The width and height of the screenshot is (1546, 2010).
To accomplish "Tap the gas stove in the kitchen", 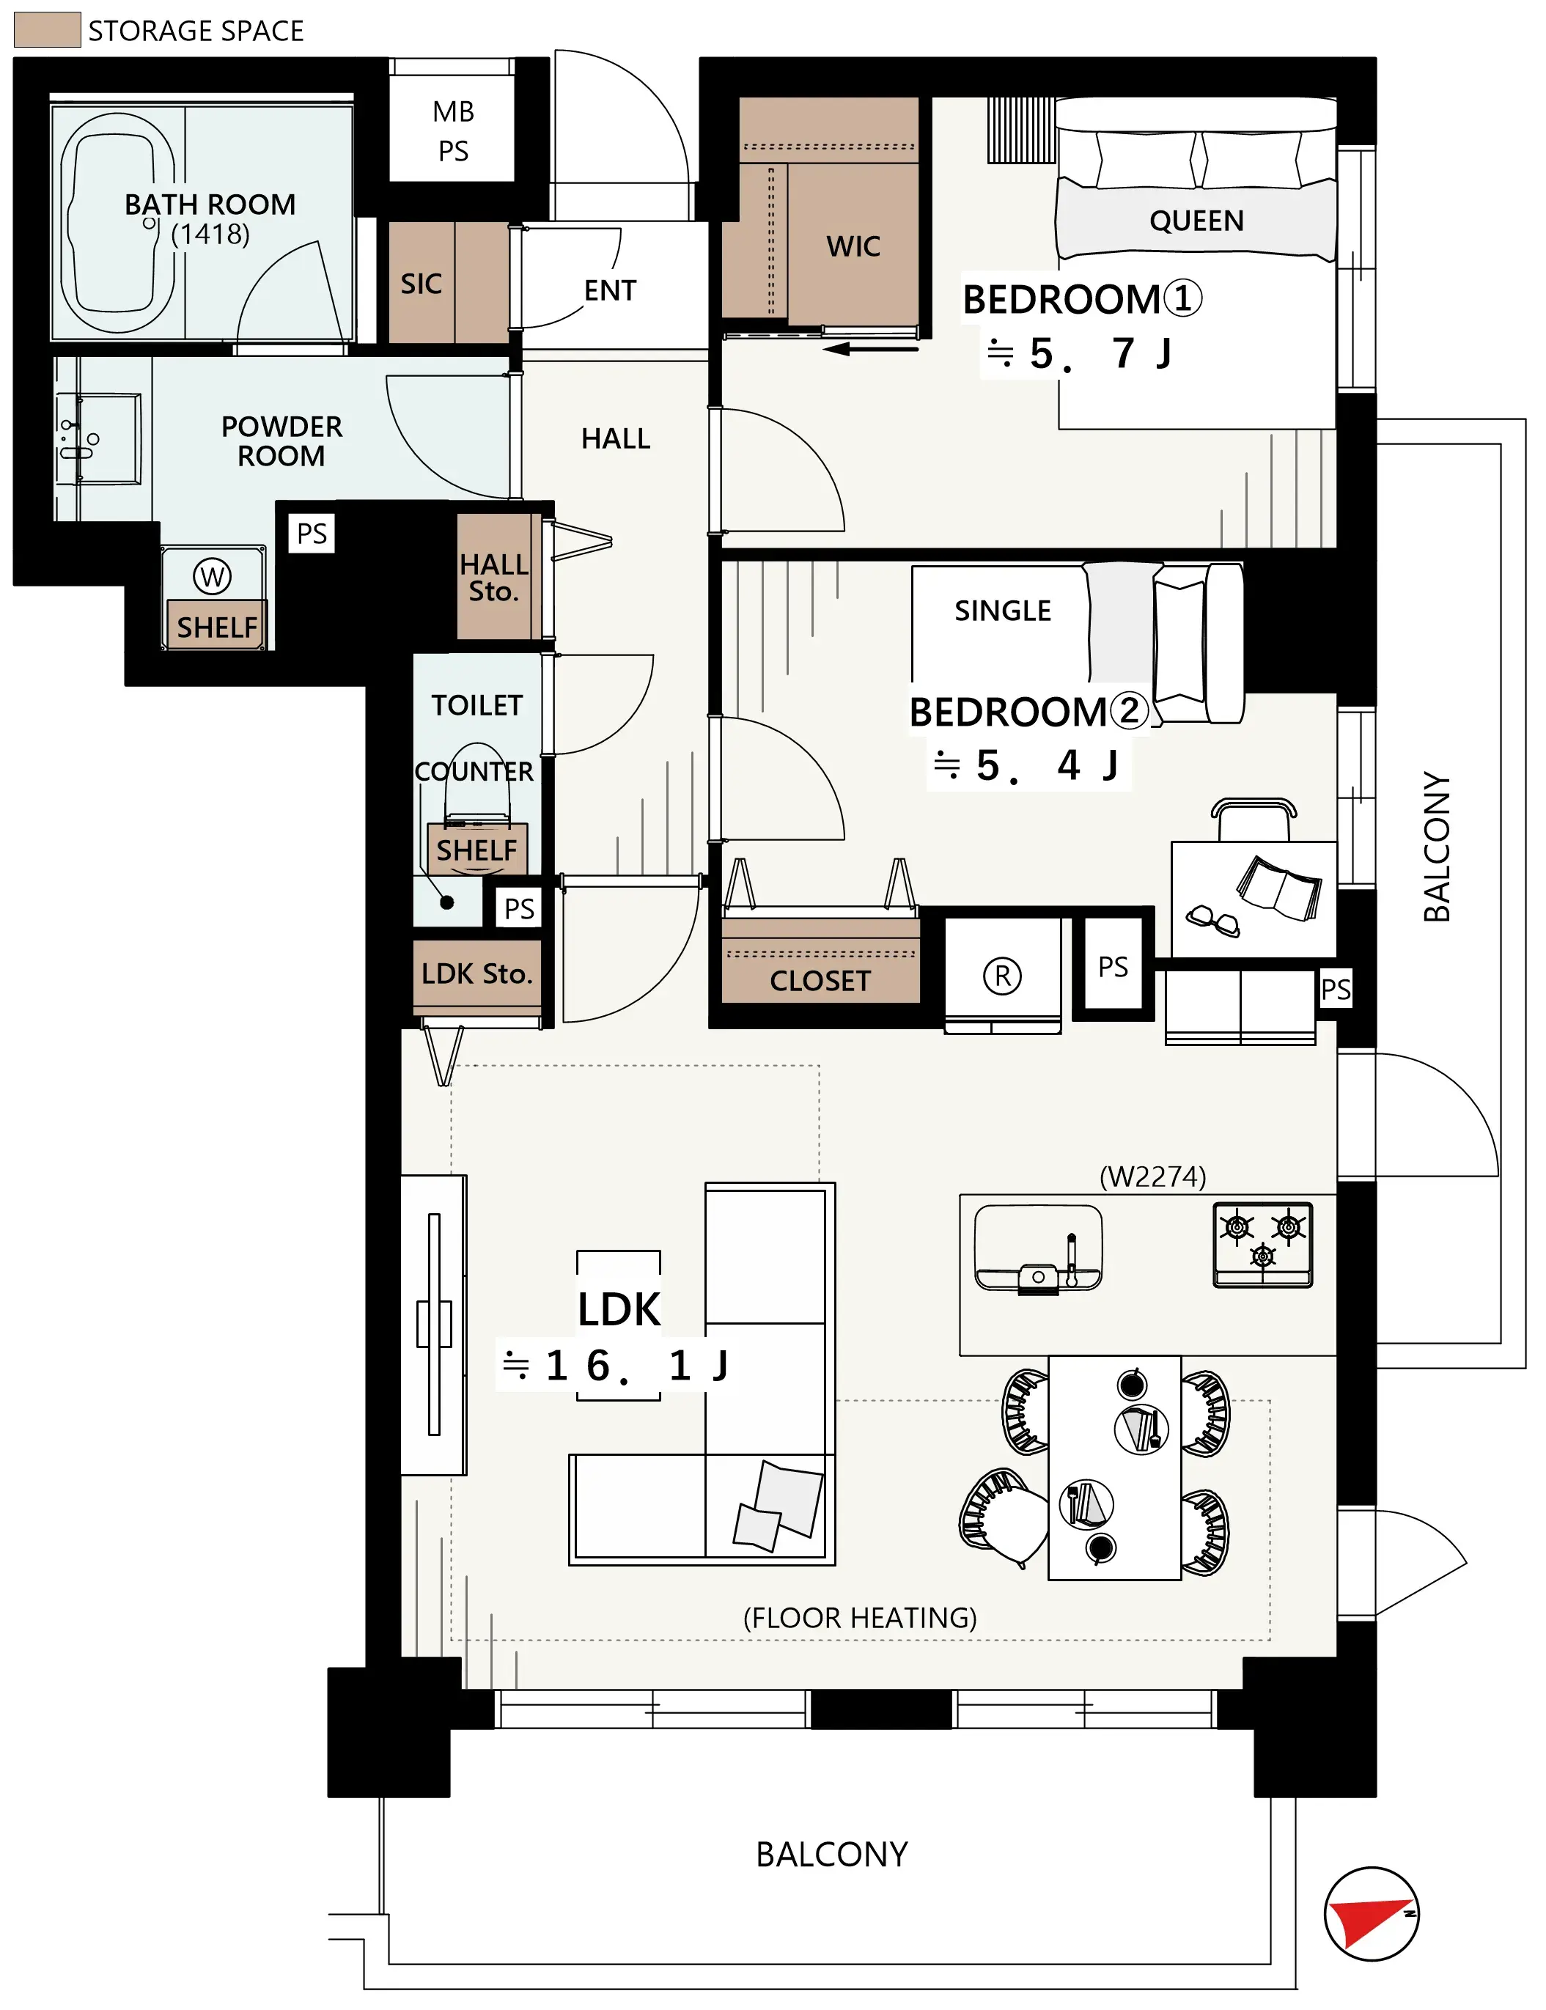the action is pos(1262,1244).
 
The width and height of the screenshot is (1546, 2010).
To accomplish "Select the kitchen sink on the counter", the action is pos(1038,1250).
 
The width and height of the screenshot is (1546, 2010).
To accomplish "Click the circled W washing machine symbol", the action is pos(212,577).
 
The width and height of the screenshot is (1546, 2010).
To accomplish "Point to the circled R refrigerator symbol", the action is pos(1002,976).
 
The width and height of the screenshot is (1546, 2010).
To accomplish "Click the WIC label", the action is pos(853,246).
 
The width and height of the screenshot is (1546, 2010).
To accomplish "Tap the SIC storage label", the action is pos(421,284).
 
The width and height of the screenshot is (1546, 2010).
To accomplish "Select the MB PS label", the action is pos(453,130).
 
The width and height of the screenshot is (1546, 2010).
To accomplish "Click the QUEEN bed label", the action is pos(1196,221).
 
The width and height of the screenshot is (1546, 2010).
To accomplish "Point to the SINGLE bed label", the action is pos(1002,611).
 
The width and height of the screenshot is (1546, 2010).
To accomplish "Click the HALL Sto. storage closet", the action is pos(494,577).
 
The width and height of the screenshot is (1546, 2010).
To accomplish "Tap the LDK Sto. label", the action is pos(476,973).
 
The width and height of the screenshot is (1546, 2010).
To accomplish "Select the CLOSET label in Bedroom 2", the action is pos(820,981).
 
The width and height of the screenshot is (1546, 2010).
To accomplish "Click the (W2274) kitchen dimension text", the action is pos(1152,1177).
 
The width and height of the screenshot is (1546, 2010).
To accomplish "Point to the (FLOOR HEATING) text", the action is pos(860,1618).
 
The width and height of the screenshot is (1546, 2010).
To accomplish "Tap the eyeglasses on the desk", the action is pos(1213,920).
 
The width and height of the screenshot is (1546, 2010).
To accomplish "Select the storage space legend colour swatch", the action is pos(48,29).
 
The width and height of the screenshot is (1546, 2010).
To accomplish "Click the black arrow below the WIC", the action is pos(871,349).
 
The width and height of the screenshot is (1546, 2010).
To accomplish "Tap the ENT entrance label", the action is pos(610,291).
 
